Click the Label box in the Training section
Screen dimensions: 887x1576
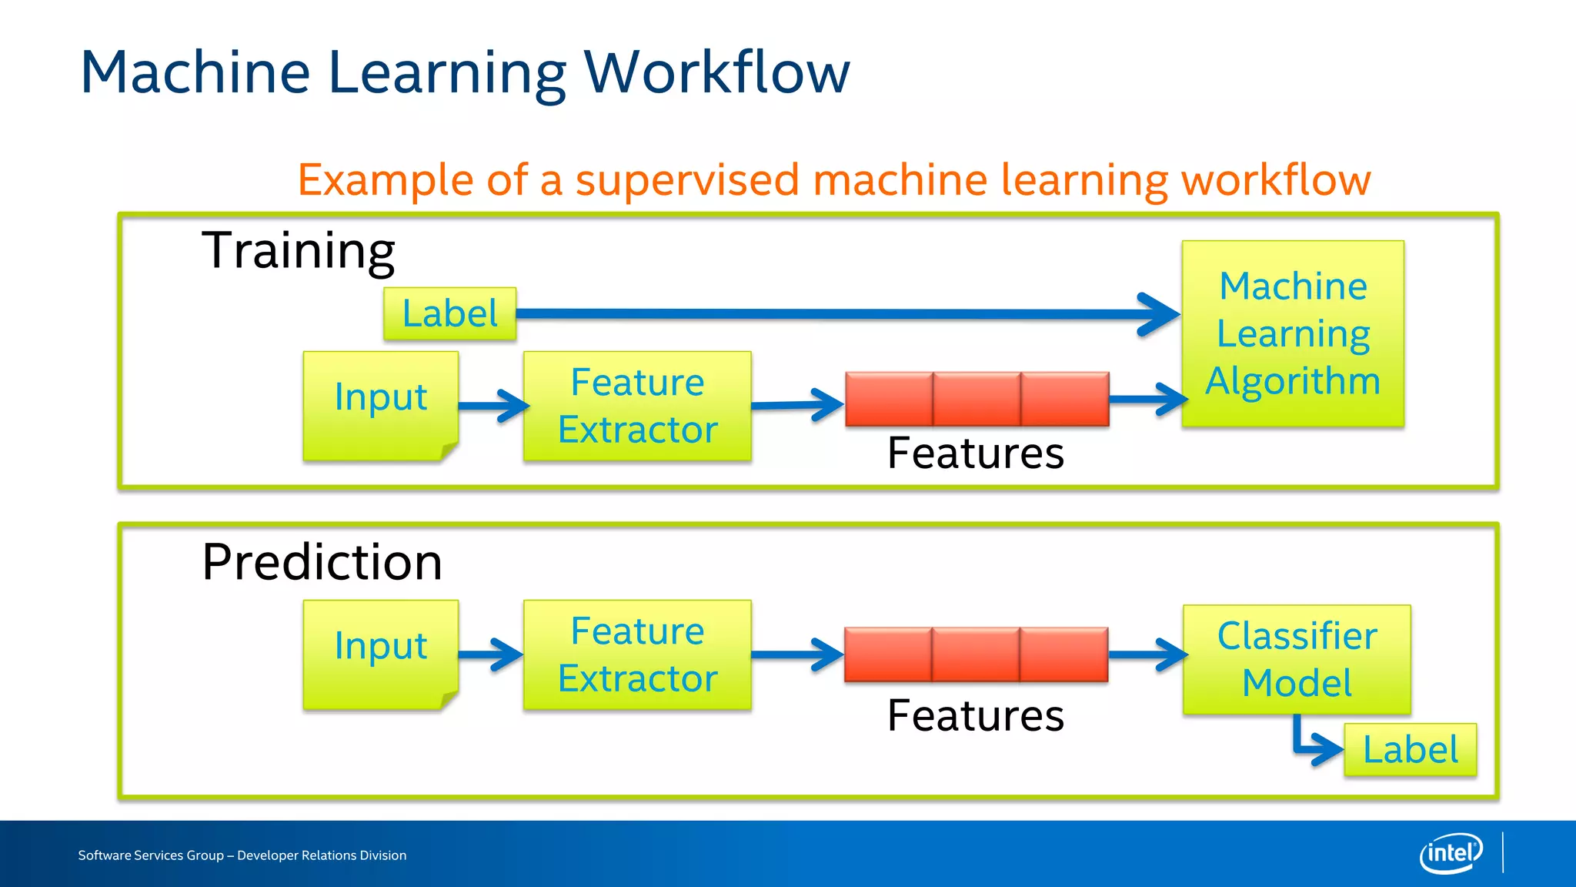coord(449,314)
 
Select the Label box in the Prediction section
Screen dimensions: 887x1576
coord(1410,749)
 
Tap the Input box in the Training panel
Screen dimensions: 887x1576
coord(381,405)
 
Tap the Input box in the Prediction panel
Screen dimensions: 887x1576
coord(381,654)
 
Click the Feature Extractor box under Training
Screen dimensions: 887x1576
coord(637,406)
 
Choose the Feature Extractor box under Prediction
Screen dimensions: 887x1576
coord(637,654)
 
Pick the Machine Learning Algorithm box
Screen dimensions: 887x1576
coord(1293,333)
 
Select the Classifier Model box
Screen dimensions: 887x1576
coord(1297,659)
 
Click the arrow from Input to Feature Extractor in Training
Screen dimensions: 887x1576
coord(492,406)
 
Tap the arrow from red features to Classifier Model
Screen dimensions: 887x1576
coord(1147,655)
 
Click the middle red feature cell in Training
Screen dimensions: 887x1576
coord(977,399)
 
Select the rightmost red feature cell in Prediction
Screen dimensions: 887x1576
coord(1064,654)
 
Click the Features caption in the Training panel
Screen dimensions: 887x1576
coord(975,453)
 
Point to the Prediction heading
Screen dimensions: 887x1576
coord(322,562)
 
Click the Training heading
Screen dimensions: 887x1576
coord(298,251)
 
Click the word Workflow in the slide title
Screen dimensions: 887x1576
coord(716,72)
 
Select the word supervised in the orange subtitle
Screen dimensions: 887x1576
coord(687,180)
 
